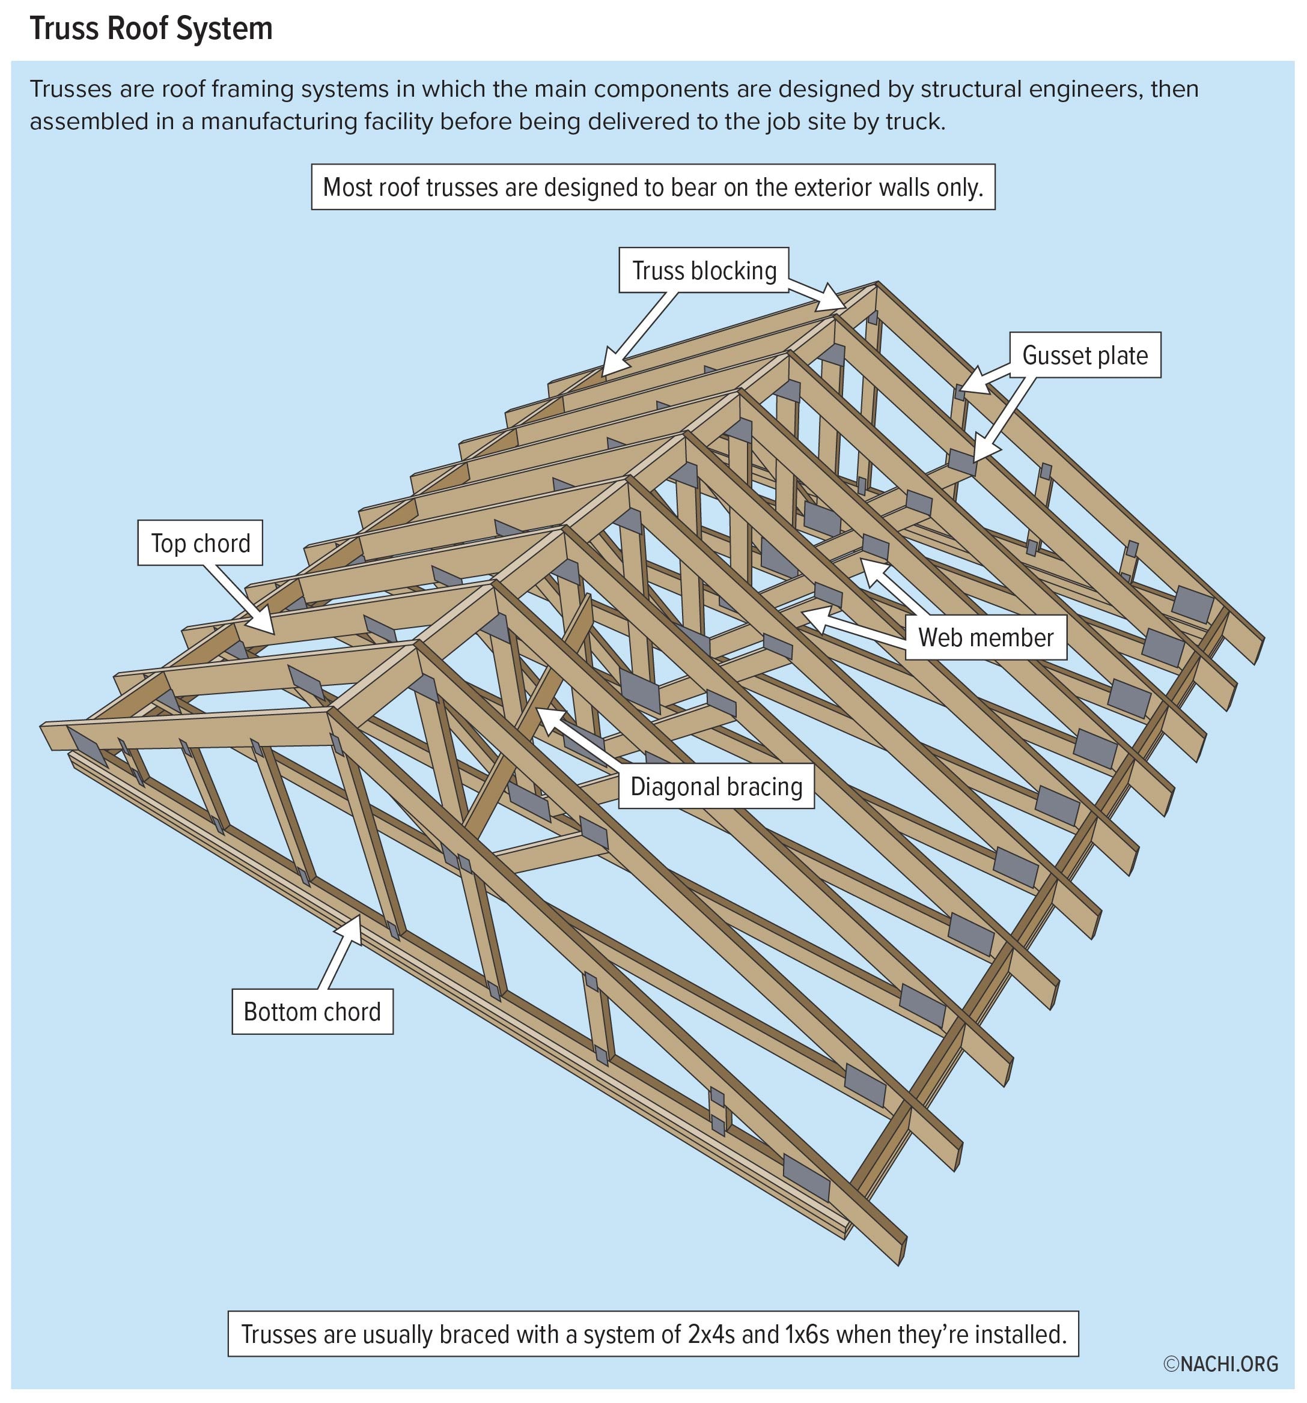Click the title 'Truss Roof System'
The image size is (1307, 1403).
click(150, 29)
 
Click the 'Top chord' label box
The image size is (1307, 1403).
click(200, 543)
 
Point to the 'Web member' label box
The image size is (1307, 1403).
click(985, 637)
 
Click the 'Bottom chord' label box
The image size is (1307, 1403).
click(311, 1011)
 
